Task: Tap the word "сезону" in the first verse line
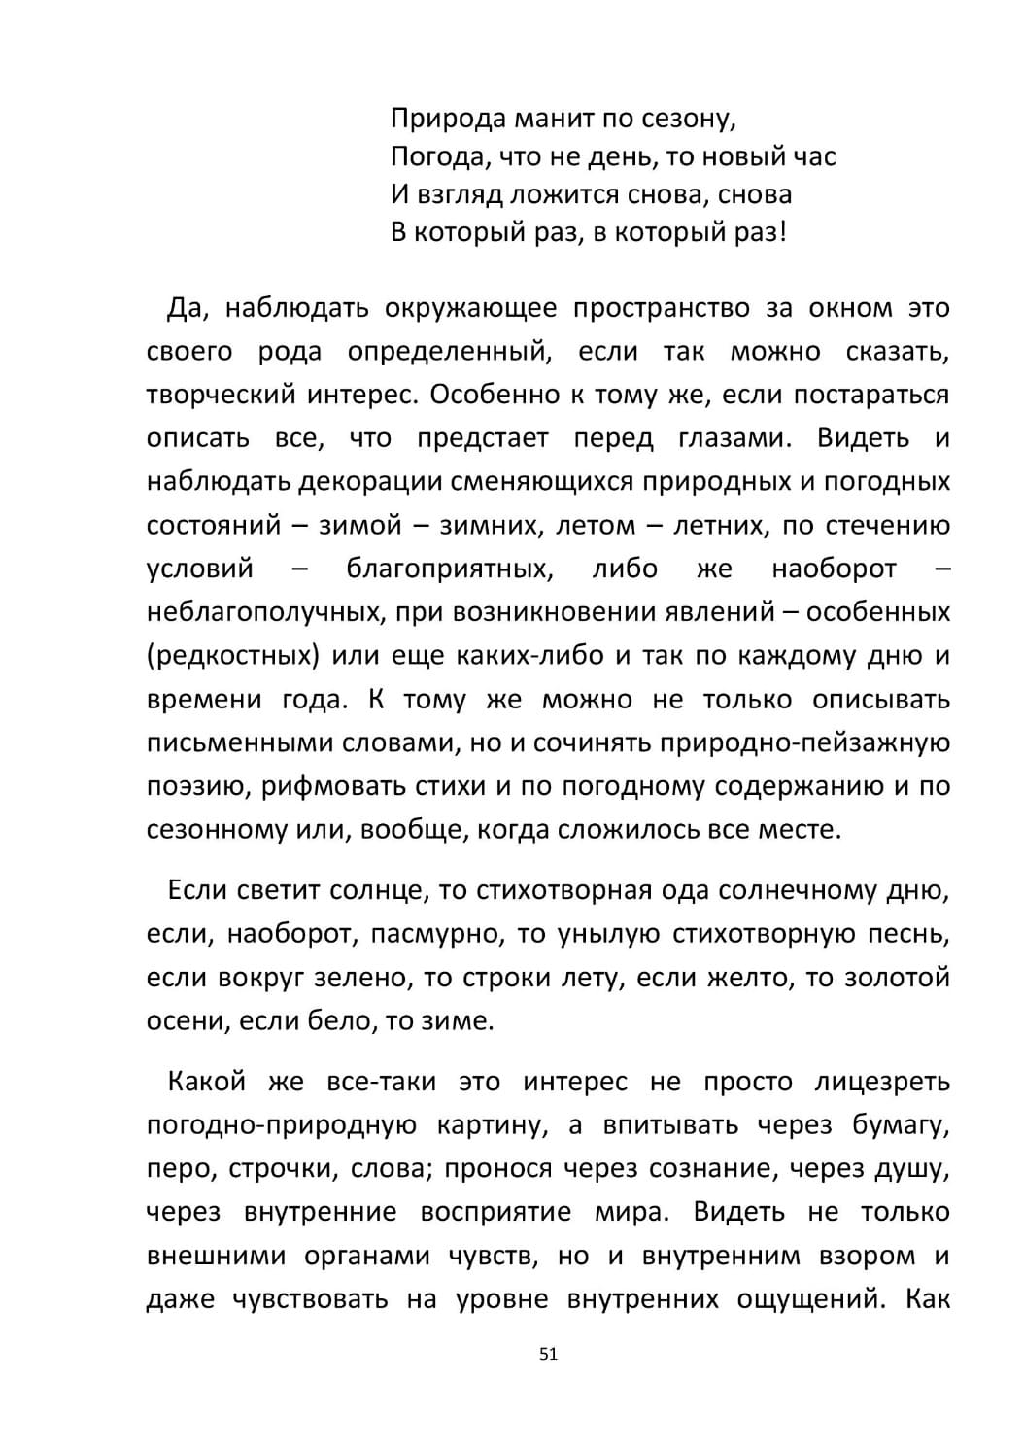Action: (x=688, y=119)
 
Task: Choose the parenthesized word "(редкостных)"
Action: (x=233, y=656)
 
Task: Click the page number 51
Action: (x=548, y=1354)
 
